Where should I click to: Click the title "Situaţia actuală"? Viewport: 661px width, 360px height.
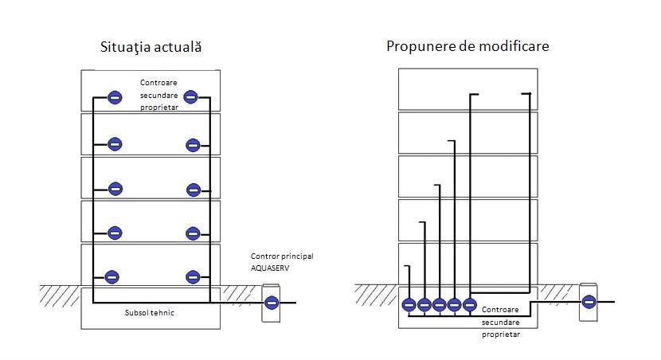pyautogui.click(x=150, y=47)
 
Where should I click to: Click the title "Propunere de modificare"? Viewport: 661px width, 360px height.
pyautogui.click(x=467, y=46)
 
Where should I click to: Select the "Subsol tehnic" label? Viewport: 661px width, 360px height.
pyautogui.click(x=150, y=313)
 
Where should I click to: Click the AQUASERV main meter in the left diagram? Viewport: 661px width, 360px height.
pyautogui.click(x=271, y=303)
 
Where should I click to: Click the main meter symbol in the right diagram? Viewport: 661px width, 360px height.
pyautogui.click(x=589, y=302)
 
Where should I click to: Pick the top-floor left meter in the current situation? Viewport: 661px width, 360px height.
pyautogui.click(x=115, y=97)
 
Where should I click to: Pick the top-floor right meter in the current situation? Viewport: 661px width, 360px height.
pyautogui.click(x=190, y=97)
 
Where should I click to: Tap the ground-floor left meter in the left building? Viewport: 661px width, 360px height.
pyautogui.click(x=113, y=277)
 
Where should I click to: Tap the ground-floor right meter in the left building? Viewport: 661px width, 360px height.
pyautogui.click(x=192, y=277)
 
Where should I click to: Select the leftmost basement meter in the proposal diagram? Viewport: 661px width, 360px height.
pyautogui.click(x=409, y=304)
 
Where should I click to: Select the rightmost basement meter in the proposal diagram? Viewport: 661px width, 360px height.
pyautogui.click(x=470, y=304)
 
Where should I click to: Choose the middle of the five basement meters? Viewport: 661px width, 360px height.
pyautogui.click(x=439, y=304)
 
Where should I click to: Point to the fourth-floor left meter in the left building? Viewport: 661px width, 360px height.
pyautogui.click(x=115, y=144)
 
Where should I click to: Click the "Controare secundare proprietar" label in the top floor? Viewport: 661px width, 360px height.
pyautogui.click(x=158, y=95)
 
